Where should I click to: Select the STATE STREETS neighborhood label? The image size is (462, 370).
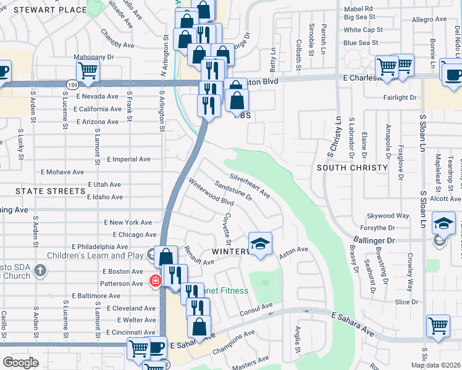coord(50,191)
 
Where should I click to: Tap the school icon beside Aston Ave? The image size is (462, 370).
coord(261,245)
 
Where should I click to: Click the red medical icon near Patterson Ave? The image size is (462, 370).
coord(155,281)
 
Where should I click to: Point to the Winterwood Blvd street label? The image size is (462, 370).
coord(211,193)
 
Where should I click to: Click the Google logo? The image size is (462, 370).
coord(20,363)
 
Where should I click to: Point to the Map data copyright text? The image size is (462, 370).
coord(435,365)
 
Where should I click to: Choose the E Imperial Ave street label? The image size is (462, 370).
coord(128,159)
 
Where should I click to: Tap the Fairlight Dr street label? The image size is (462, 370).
coord(400,97)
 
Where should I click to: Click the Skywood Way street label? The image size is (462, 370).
coord(388,216)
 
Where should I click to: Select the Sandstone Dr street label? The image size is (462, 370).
coord(233,191)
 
